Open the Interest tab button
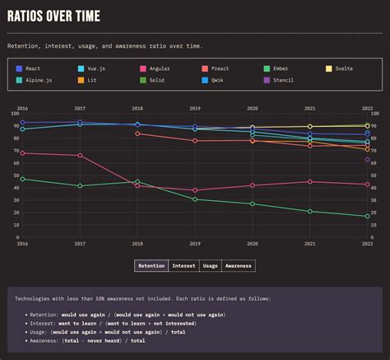[x=183, y=265]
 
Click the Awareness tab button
[x=238, y=265]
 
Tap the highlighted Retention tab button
[x=151, y=265]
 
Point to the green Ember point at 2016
[x=22, y=179]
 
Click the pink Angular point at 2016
[x=22, y=153]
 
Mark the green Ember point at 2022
[x=367, y=217]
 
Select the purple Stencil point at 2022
[x=367, y=160]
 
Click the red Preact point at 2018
[x=137, y=133]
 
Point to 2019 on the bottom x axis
[x=195, y=244]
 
